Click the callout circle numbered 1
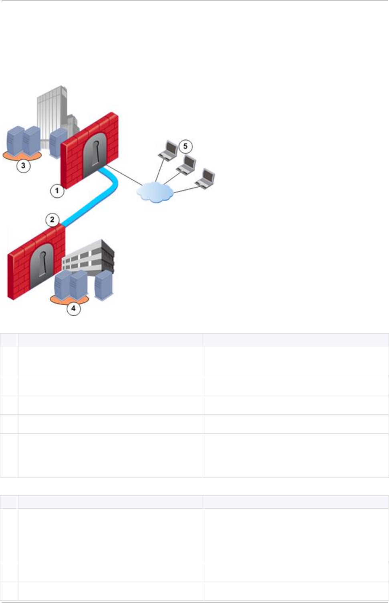[57, 191]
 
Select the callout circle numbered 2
[52, 219]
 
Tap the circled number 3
[23, 166]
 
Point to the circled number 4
[73, 309]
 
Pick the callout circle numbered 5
[185, 146]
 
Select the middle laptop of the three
[187, 164]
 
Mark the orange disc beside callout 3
[22, 156]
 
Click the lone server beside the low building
[103, 285]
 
